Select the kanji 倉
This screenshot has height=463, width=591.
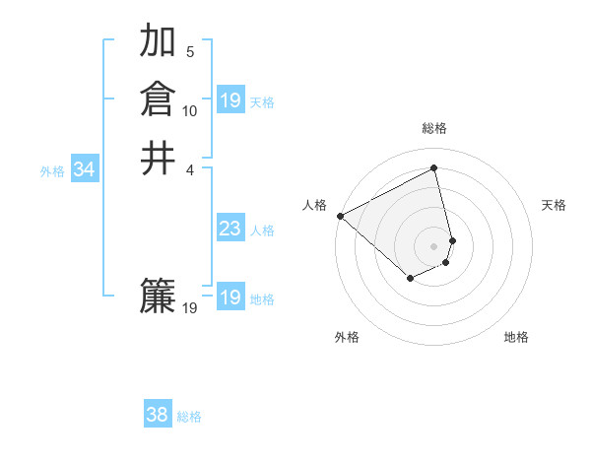[x=159, y=99]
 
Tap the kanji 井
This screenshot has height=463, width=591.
[x=159, y=158]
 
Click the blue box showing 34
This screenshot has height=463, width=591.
[x=85, y=170]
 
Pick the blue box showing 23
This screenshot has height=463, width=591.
[x=230, y=230]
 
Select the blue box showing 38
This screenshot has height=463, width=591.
[x=158, y=415]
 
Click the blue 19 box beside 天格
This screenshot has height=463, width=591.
[x=230, y=100]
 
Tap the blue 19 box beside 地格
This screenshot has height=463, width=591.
[x=230, y=298]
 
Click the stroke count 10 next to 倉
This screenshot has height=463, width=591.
[x=190, y=111]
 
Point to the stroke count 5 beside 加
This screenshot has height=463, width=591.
[x=190, y=52]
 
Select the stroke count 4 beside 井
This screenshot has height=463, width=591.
[x=190, y=169]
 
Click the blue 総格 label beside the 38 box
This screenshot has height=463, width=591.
[x=189, y=417]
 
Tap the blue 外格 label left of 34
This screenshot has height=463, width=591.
[x=52, y=171]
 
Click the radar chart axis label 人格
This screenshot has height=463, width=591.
[x=314, y=205]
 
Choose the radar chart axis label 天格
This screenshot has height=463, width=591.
[x=555, y=205]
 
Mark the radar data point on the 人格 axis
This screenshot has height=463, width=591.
[x=340, y=215]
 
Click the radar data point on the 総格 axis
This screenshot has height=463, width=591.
[x=434, y=167]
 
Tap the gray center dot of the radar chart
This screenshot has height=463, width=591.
[x=434, y=245]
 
